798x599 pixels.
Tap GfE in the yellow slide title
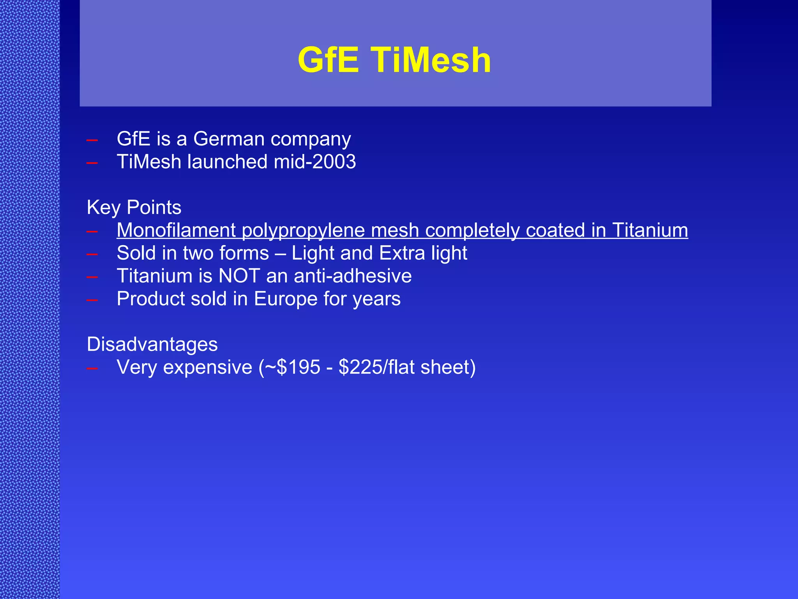(328, 60)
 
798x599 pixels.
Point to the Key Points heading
(134, 207)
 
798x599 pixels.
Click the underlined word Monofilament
(176, 230)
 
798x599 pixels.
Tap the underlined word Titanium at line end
(650, 230)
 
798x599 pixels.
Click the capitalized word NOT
(239, 276)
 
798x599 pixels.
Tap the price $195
(298, 367)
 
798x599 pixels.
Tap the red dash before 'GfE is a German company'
(92, 140)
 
